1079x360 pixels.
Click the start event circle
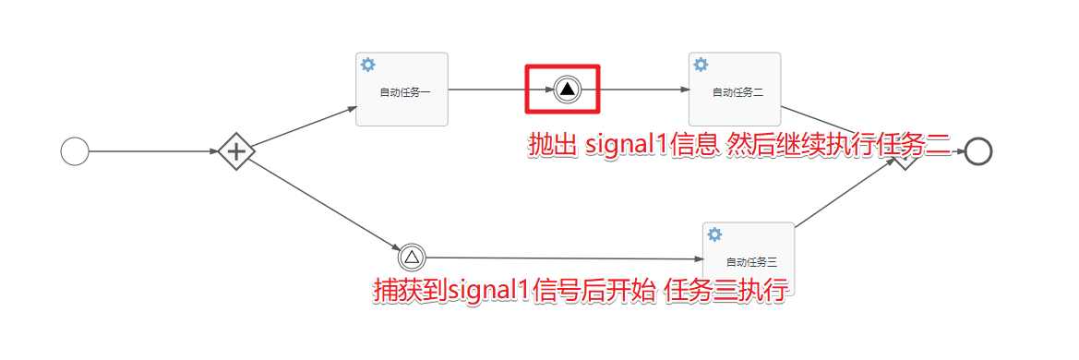74,151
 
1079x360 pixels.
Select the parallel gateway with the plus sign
236,151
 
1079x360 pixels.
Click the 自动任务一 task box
402,90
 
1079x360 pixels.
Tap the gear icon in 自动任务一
368,65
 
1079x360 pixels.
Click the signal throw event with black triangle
567,89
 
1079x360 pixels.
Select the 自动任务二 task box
735,90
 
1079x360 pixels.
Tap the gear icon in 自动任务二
701,65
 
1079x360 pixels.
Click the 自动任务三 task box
748,251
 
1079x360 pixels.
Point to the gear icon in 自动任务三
714,234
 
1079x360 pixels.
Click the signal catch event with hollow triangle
412,257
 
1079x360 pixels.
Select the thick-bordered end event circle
977,151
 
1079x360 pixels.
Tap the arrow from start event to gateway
152,151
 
